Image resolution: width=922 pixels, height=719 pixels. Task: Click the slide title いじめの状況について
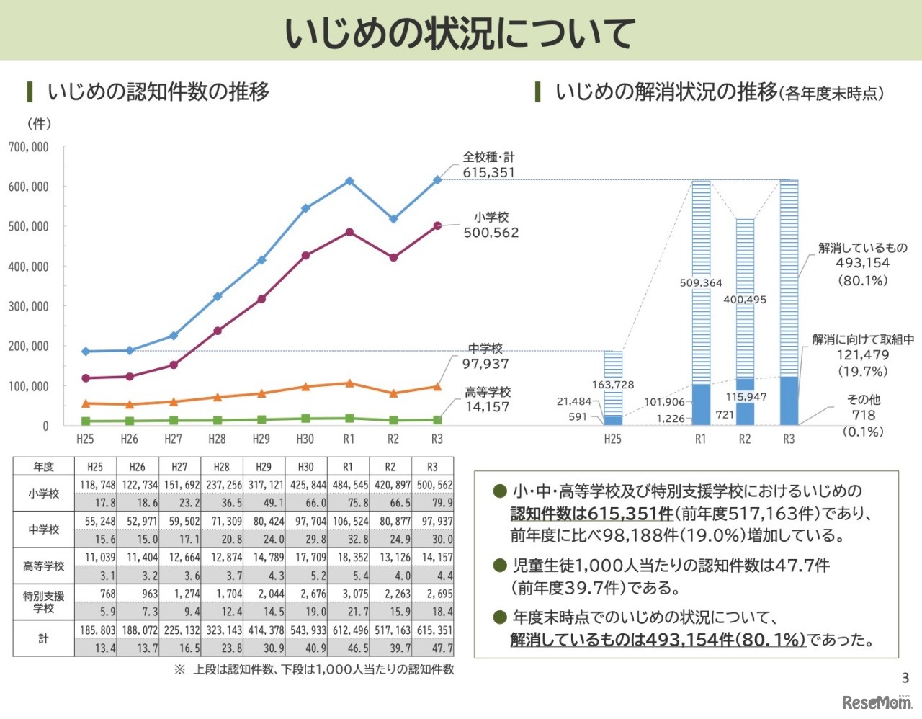tap(460, 32)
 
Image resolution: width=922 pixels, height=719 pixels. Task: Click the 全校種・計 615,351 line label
tap(488, 165)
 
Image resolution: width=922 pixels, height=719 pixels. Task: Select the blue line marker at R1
tap(349, 182)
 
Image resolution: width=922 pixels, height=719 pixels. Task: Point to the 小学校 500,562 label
tap(491, 225)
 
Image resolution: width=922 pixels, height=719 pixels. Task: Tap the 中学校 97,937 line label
tap(485, 357)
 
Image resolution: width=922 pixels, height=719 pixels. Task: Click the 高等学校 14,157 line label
tap(487, 399)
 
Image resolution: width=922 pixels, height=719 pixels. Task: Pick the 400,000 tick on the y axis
tap(29, 267)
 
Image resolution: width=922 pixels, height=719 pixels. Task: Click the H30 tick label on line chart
tap(305, 439)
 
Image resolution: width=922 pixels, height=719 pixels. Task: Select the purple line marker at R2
tap(393, 257)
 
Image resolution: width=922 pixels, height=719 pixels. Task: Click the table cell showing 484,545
tap(349, 486)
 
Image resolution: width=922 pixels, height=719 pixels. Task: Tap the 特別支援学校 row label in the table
tap(43, 602)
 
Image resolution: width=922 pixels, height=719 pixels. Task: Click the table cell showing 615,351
tap(434, 630)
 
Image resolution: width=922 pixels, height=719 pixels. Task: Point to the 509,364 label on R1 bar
tap(700, 282)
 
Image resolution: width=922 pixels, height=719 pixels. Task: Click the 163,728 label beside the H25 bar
tap(612, 385)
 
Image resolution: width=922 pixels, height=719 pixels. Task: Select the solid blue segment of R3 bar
tap(789, 401)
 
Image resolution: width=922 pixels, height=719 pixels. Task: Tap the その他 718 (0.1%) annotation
tap(863, 415)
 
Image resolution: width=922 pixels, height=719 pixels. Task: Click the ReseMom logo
tap(876, 702)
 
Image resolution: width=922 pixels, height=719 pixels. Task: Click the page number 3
tap(905, 677)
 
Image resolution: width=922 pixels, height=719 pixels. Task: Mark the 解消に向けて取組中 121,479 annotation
tap(862, 355)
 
